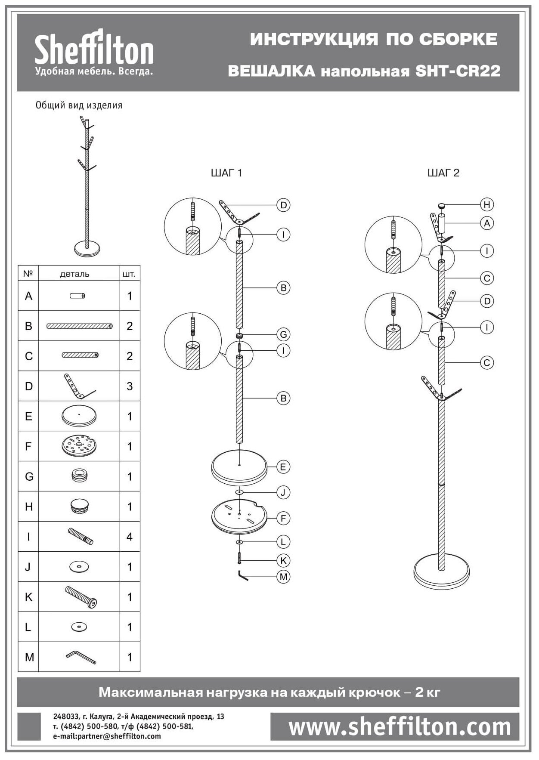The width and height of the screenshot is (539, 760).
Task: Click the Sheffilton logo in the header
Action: (x=94, y=53)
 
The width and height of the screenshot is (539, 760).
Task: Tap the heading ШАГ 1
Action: (x=226, y=173)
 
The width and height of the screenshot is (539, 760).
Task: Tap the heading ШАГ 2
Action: (x=443, y=173)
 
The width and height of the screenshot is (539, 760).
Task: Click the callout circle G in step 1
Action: (x=283, y=334)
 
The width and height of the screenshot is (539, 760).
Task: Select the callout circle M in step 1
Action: (x=283, y=577)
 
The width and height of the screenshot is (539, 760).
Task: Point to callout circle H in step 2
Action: (x=487, y=204)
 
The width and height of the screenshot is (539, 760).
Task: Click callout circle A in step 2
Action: (x=487, y=223)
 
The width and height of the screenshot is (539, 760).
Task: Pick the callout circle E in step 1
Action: (x=283, y=467)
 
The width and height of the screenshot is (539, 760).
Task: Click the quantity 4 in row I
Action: (x=130, y=537)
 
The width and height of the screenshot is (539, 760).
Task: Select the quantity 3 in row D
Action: (x=130, y=386)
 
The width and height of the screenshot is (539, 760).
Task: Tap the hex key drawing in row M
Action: (x=81, y=657)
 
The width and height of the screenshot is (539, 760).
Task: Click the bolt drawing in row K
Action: (x=81, y=597)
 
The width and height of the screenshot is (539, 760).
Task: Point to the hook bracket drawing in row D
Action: (x=79, y=386)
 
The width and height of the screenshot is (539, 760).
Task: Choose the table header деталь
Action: (x=74, y=274)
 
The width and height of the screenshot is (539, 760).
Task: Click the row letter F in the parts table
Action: (x=28, y=446)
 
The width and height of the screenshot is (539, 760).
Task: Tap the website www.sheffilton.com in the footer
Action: (x=400, y=727)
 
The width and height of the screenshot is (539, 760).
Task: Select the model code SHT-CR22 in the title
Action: (x=458, y=71)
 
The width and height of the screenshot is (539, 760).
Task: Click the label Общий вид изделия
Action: (x=79, y=105)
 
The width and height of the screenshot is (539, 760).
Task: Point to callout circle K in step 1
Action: (x=283, y=560)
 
